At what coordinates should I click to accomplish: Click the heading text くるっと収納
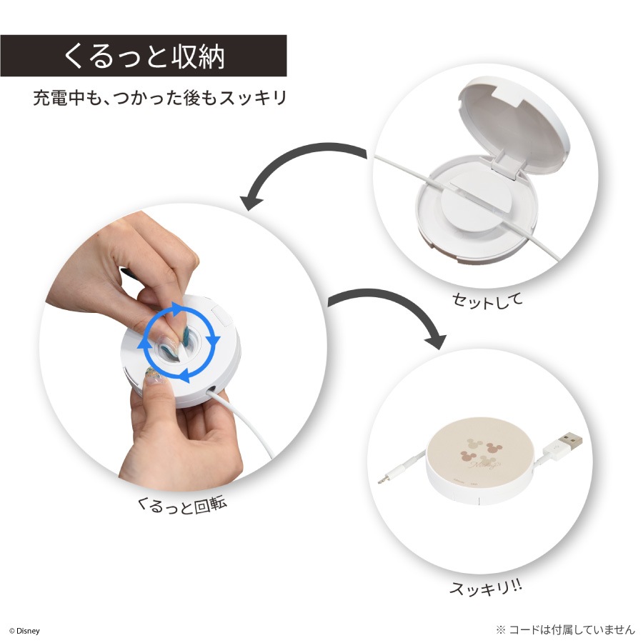144,56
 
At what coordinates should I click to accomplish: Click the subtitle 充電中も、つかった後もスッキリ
159,98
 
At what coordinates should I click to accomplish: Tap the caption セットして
487,300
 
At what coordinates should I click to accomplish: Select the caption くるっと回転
181,506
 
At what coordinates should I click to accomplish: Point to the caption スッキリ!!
486,588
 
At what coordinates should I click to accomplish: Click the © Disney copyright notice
24,631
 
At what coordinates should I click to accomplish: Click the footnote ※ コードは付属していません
565,629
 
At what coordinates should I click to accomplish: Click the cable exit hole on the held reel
211,390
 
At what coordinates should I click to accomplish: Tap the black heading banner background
144,56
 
